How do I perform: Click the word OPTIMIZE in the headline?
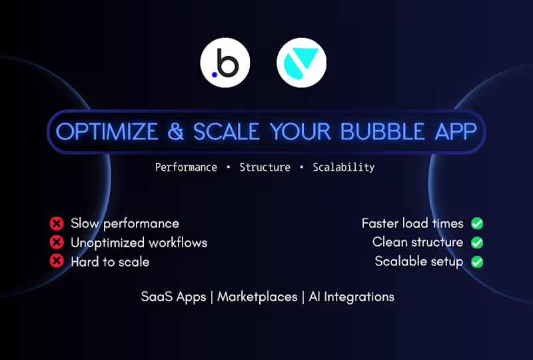[x=106, y=131]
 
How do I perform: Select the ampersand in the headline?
[x=176, y=131]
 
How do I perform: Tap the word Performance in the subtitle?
[x=186, y=167]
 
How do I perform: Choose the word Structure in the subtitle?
[x=265, y=167]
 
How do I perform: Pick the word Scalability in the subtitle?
[x=343, y=167]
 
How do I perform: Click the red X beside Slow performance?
[x=57, y=223]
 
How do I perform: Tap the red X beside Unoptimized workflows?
[x=57, y=243]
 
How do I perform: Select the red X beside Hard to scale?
[x=57, y=261]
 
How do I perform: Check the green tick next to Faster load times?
[x=477, y=223]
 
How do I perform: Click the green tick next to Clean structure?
[x=477, y=243]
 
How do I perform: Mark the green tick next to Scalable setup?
[x=477, y=261]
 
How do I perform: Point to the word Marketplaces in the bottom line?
[x=257, y=297]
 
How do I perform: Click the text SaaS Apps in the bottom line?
[x=173, y=297]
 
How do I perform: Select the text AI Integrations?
[x=351, y=297]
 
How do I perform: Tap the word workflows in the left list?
[x=176, y=243]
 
